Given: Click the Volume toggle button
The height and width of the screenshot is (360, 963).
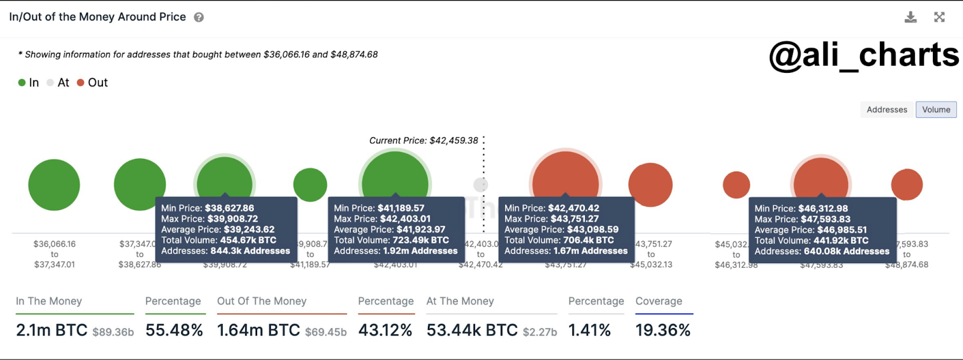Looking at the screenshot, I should (936, 110).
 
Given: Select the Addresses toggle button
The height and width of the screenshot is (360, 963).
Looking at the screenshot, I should (887, 110).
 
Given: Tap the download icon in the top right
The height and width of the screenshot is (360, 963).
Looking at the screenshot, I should (911, 17).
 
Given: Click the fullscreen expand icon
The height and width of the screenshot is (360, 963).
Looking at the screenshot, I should (939, 17).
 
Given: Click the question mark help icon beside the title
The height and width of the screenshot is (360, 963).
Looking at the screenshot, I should (199, 17).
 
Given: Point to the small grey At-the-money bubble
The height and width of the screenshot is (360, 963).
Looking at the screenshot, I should (480, 184).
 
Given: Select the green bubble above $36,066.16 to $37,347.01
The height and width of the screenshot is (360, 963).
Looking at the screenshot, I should (54, 185).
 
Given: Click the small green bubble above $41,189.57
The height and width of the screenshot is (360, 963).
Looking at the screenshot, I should (310, 185).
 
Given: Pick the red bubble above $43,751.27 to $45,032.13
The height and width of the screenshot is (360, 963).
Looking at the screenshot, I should (650, 185).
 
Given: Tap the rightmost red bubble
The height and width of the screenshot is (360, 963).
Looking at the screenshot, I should (906, 185).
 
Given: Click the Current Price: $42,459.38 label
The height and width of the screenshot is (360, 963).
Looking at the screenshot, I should (424, 140).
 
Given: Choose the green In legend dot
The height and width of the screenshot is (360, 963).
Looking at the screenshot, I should (22, 82).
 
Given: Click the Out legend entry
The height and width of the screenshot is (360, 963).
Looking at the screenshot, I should (93, 82).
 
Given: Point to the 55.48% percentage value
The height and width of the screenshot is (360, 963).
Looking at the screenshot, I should (174, 330).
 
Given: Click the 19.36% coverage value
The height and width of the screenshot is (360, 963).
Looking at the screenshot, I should (663, 330).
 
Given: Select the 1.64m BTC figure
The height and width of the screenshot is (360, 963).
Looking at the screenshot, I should (258, 330).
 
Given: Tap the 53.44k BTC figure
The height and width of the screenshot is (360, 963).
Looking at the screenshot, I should (472, 330).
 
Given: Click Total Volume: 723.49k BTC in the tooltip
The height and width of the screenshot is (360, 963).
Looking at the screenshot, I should (391, 240).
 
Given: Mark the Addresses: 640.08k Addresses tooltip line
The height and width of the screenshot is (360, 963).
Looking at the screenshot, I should (822, 251).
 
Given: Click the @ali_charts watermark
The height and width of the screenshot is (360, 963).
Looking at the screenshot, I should (864, 55).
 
